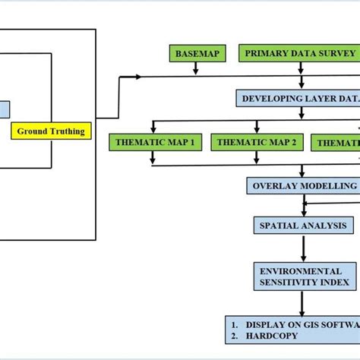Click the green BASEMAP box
196,53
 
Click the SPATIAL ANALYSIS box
303,226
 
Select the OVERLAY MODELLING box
303,186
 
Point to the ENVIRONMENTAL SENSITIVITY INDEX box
303,275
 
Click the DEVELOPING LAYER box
296,99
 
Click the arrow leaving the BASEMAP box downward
196,69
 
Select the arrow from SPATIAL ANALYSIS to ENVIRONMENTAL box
303,247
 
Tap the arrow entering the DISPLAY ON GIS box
303,303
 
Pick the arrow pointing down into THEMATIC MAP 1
153,127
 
